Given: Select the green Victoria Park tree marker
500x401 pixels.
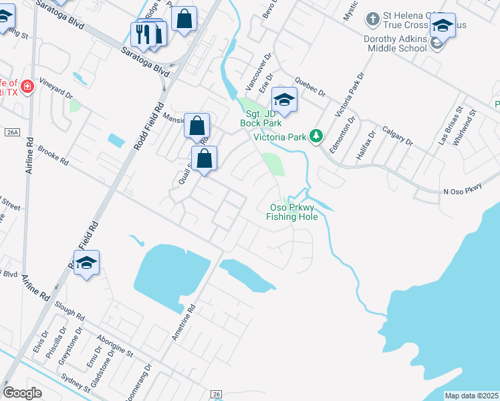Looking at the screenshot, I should [x=317, y=137].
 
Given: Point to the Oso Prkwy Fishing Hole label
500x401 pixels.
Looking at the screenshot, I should [x=291, y=212].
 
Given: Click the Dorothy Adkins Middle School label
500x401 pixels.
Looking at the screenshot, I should [x=395, y=43].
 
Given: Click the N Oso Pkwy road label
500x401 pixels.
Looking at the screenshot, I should [x=463, y=192].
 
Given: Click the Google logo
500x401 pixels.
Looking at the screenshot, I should [x=22, y=392].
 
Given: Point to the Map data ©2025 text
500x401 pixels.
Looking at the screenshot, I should [x=471, y=396].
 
